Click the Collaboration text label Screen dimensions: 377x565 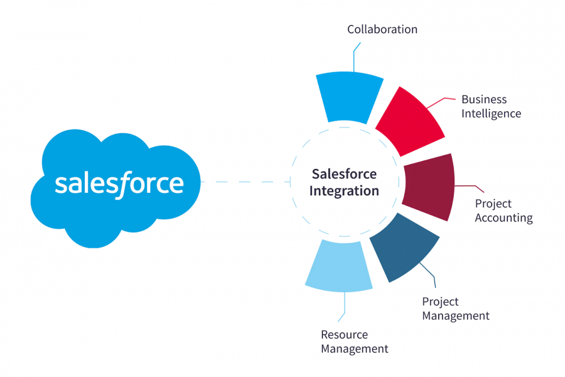click(x=382, y=29)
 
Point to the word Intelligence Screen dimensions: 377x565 click(x=491, y=114)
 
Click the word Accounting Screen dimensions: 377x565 click(x=503, y=218)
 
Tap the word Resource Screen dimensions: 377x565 click(x=344, y=334)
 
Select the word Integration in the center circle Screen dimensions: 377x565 click(x=344, y=190)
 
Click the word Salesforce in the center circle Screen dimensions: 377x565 click(x=344, y=173)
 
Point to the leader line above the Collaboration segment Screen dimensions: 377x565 click(x=354, y=57)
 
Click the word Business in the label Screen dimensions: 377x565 click(x=483, y=99)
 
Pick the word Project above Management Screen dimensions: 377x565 click(x=440, y=302)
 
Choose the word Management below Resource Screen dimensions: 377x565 click(x=355, y=349)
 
